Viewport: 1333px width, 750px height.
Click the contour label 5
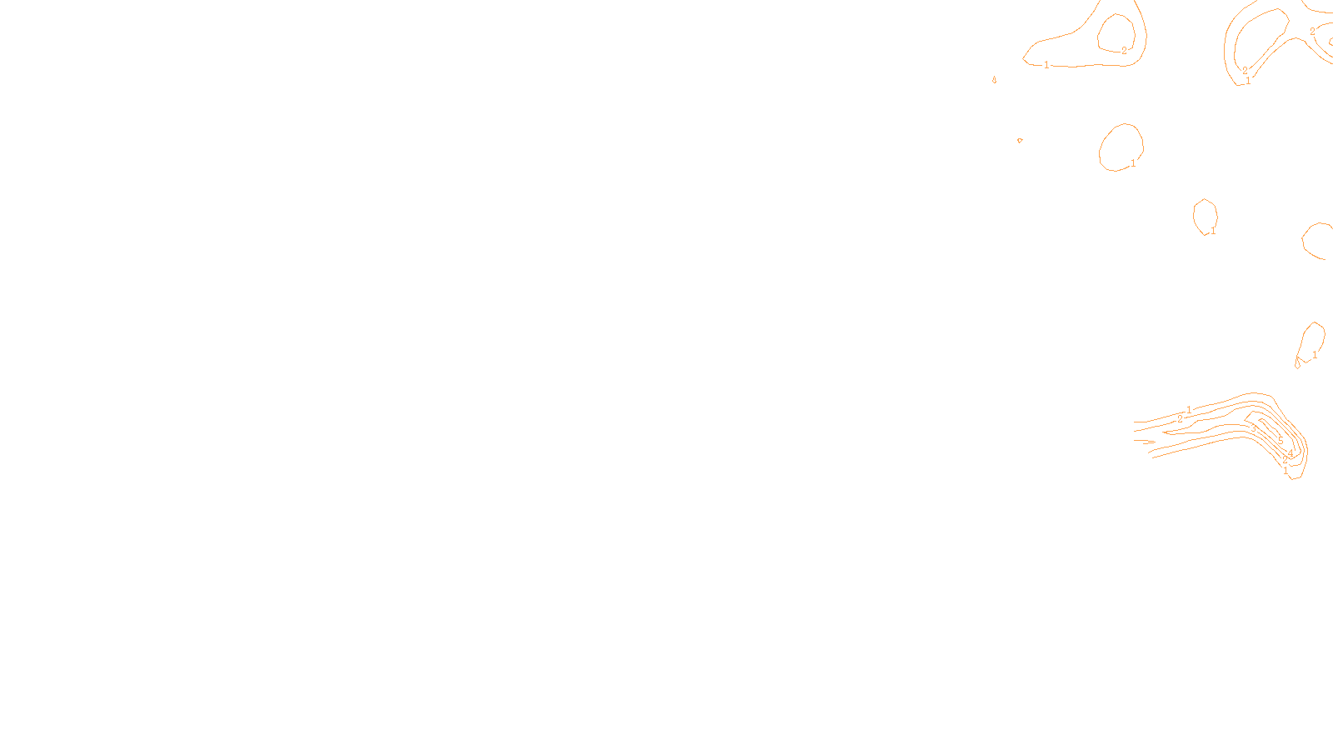pos(1281,441)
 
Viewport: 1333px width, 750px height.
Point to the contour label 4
pos(1291,453)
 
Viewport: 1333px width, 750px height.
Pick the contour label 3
pos(1253,428)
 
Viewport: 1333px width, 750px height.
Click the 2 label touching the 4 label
pos(1285,459)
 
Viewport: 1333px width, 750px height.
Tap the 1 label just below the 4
pos(1286,471)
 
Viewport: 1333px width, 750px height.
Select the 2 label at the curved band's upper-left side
pos(1180,419)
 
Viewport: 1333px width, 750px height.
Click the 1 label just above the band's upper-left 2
pos(1189,410)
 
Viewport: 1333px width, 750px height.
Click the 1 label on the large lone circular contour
pos(1133,164)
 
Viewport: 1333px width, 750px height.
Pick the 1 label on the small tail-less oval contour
pos(1213,232)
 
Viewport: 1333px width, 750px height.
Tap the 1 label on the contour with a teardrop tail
pos(1315,355)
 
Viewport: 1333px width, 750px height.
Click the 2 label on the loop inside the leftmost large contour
pos(1124,51)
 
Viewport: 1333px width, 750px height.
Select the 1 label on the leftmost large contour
pos(1046,65)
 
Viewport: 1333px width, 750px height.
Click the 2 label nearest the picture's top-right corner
pos(1312,32)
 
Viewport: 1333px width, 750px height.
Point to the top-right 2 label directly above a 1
pos(1246,71)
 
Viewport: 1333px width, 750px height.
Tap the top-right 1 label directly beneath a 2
pos(1248,81)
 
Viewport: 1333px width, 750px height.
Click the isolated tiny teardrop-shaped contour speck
pos(995,80)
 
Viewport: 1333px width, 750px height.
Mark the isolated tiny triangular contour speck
pos(1020,141)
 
